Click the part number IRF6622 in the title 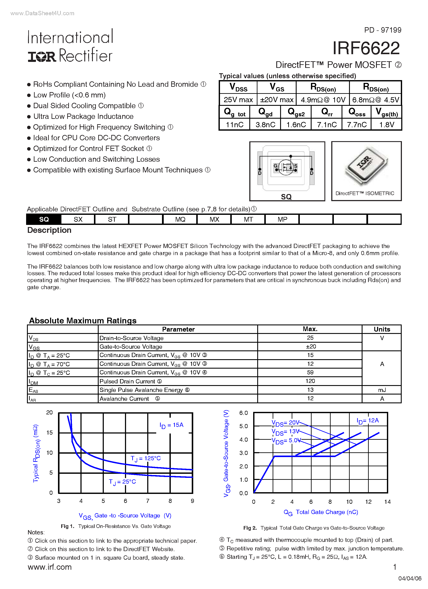point(366,48)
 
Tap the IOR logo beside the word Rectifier point(42,57)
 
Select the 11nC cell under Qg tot point(234,125)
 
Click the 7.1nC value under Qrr point(327,125)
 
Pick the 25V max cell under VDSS point(238,100)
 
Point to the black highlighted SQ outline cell point(44,220)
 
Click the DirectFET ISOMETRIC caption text point(365,193)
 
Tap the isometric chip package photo point(366,166)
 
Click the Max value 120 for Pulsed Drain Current point(310,381)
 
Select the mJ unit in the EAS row point(382,390)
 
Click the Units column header point(382,329)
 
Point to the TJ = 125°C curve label point(146,459)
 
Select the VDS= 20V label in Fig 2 point(285,423)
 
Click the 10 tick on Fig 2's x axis point(349,502)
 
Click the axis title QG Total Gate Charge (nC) point(321,512)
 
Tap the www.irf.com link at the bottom point(50,567)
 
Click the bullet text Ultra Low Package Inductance point(83,116)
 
